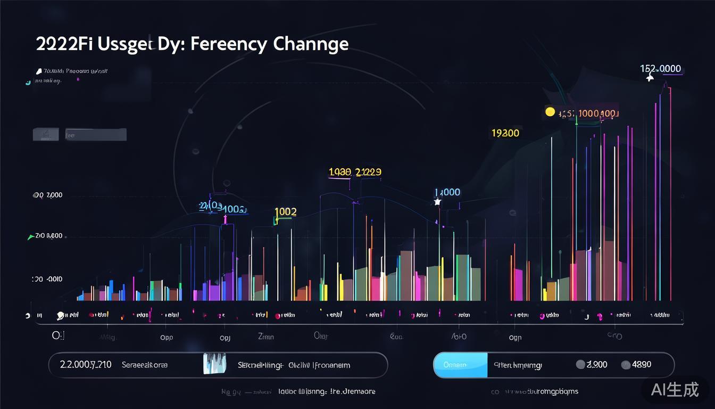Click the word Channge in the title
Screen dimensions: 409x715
(311, 44)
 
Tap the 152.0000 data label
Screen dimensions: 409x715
(660, 69)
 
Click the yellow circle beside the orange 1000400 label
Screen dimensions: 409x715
(550, 112)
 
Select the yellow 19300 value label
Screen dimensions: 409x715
(505, 133)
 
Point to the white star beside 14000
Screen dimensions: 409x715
(437, 202)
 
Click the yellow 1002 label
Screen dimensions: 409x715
(285, 211)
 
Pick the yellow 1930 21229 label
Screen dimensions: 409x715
(355, 172)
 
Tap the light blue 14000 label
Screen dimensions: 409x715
(447, 192)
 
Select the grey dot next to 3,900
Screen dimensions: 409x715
(580, 365)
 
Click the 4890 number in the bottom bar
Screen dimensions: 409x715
(641, 365)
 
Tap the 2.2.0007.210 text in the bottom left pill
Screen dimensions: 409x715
(86, 365)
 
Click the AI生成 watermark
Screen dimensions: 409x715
(675, 389)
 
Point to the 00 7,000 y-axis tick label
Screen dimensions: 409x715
(48, 195)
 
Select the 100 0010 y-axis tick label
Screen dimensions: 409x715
(47, 279)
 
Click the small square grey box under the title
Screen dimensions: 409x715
(46, 135)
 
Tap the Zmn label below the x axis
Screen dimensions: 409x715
(265, 337)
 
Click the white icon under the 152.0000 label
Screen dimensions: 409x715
(650, 78)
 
